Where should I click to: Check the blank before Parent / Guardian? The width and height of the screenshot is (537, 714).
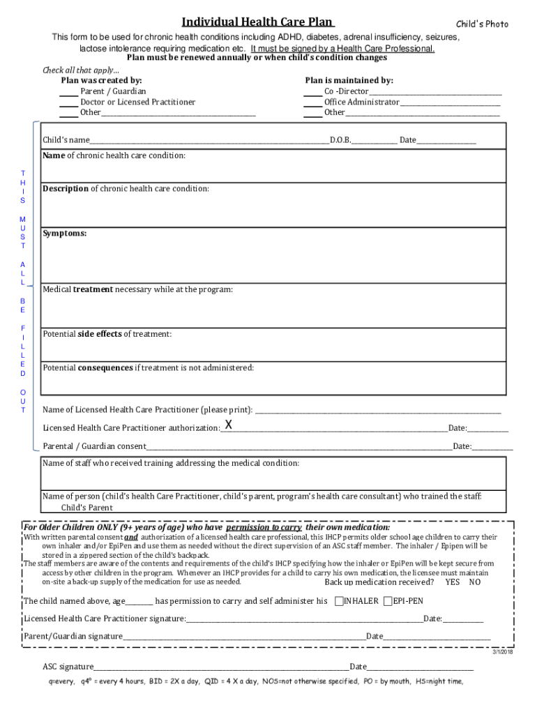[x=68, y=91]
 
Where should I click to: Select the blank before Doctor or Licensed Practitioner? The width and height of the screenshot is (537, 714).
[x=68, y=102]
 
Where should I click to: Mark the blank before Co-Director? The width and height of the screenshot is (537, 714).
[x=312, y=91]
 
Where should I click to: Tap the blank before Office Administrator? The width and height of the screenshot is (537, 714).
[x=312, y=102]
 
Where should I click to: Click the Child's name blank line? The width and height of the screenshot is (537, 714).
[x=209, y=140]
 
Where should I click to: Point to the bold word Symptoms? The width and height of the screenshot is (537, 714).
[x=65, y=234]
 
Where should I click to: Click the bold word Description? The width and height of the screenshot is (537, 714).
[x=66, y=189]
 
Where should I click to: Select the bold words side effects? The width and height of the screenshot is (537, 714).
[x=100, y=334]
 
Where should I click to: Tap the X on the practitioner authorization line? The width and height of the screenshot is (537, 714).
[x=228, y=425]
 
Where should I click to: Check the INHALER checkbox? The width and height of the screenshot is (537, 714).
[x=339, y=601]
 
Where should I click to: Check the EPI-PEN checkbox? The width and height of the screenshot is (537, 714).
[x=388, y=601]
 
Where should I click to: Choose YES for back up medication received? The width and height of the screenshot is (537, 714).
[x=453, y=582]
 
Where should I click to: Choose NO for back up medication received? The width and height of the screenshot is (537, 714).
[x=475, y=582]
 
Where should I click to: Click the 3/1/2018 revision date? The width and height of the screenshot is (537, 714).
[x=502, y=651]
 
